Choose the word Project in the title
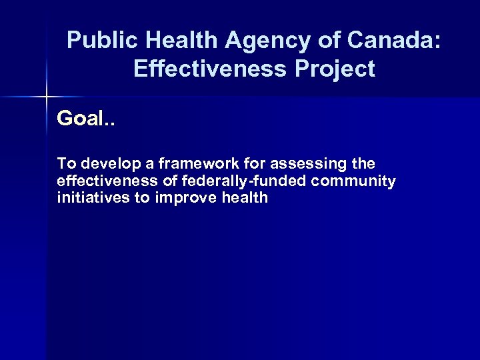tap(336, 69)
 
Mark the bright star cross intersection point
tap(46, 97)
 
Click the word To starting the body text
tap(66, 163)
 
